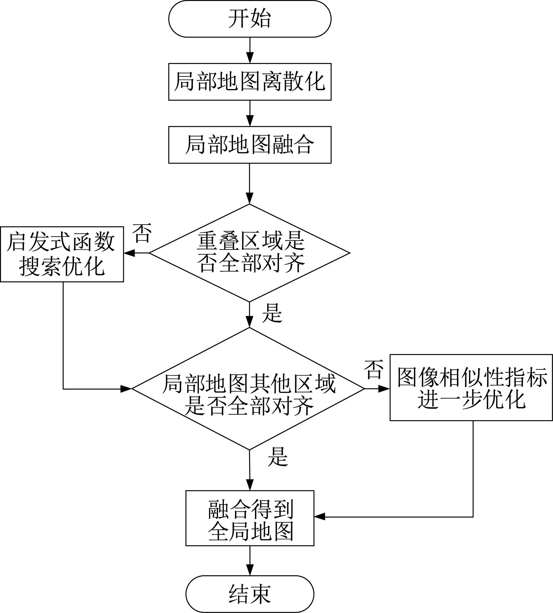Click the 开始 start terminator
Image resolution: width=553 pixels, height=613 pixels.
click(x=250, y=19)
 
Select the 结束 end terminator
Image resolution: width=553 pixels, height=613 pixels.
click(x=250, y=594)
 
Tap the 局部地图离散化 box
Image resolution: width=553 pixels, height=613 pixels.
click(x=250, y=82)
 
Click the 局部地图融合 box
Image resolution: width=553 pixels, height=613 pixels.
click(x=250, y=145)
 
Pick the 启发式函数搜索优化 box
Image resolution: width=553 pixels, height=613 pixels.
click(x=62, y=254)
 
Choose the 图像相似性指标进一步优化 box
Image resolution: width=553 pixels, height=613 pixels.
click(x=471, y=388)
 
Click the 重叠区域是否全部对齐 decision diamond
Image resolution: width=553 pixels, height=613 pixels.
click(x=250, y=253)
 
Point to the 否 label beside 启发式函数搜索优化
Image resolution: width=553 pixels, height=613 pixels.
click(x=142, y=233)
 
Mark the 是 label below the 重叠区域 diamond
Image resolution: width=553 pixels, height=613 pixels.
click(x=272, y=313)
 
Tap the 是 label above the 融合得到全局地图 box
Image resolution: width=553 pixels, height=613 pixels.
click(x=278, y=457)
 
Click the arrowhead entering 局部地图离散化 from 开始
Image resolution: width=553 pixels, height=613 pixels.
click(x=250, y=58)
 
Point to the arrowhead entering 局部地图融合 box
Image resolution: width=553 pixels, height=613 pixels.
click(x=250, y=121)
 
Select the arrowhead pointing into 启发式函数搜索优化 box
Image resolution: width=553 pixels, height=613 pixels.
click(x=129, y=253)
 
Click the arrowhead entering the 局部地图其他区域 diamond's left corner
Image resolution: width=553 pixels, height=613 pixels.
click(x=126, y=389)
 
